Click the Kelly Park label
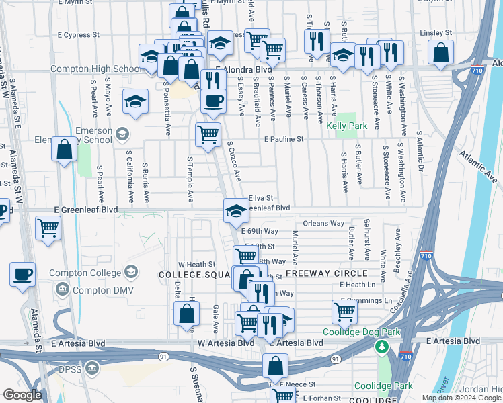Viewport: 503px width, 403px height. (x=346, y=126)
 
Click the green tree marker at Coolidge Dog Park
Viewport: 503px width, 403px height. (x=382, y=347)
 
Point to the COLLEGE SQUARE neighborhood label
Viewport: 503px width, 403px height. (x=195, y=275)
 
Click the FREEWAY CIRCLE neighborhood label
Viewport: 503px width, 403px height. (x=326, y=273)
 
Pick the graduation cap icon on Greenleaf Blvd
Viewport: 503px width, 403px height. (x=235, y=210)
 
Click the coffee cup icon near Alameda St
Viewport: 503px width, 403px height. (x=23, y=274)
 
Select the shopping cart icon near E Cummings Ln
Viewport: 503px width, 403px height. (x=344, y=311)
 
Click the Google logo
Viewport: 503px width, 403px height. (x=22, y=395)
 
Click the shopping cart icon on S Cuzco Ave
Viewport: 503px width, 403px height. (x=208, y=134)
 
